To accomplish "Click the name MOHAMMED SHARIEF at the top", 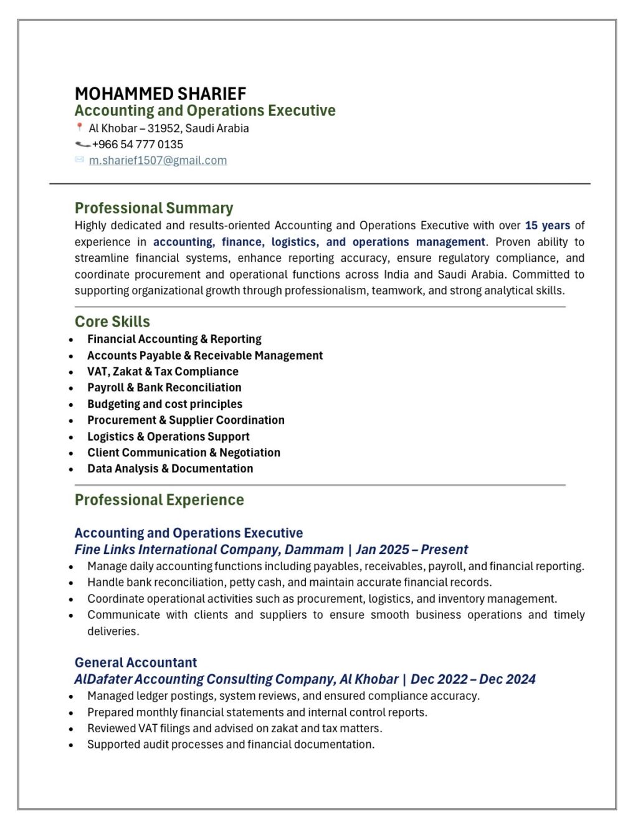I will tap(160, 94).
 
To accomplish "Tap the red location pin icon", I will tap(79, 128).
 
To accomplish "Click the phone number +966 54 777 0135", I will tap(138, 145).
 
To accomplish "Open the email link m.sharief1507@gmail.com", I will tap(158, 161).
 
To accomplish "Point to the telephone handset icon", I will tap(82, 145).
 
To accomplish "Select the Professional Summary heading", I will tap(154, 208).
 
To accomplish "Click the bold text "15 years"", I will tap(547, 226).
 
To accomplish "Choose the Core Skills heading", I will tap(112, 322).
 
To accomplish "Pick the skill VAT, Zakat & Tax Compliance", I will tap(163, 371).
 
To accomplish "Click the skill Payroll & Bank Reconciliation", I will tap(164, 388).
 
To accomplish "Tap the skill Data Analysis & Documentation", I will tap(170, 469).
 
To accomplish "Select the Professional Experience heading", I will tap(159, 500).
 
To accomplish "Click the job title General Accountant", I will tap(135, 662).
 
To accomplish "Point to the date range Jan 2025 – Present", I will tap(412, 550).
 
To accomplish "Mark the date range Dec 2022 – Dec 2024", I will tap(473, 679).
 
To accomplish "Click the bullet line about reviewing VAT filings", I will tap(234, 729).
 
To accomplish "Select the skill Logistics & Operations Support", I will tap(168, 437).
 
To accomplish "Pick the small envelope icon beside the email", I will tap(79, 160).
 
